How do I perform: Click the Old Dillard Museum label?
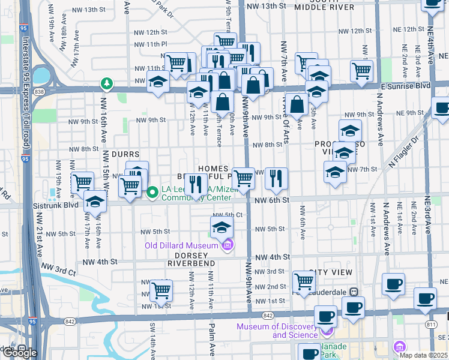point(181,245)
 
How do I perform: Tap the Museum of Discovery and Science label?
point(277,331)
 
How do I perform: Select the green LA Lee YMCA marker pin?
point(152,193)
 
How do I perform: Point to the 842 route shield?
point(268,316)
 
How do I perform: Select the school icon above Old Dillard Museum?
point(221,227)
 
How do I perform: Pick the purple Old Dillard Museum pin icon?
point(227,245)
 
